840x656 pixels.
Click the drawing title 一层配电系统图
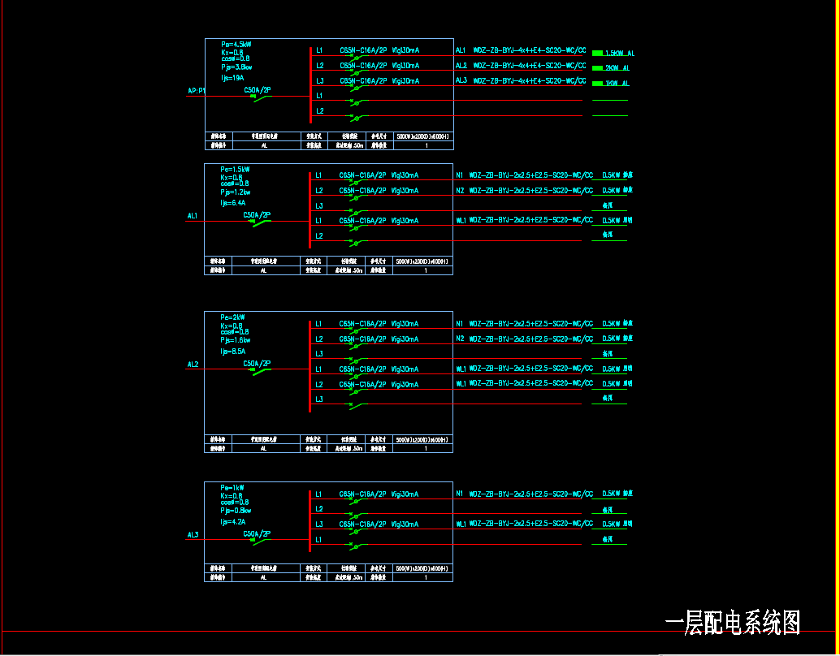[x=733, y=623]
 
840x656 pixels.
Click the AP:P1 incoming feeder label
[x=197, y=91]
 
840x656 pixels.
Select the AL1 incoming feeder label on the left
[x=193, y=216]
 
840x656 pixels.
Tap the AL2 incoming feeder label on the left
[x=193, y=365]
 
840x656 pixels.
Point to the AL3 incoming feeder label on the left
[x=193, y=535]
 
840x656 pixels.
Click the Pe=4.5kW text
[x=236, y=44]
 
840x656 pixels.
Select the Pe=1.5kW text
[x=236, y=170]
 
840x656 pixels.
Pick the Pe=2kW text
[x=233, y=317]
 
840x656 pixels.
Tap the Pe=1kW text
[x=232, y=488]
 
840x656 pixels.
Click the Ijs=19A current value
[x=232, y=78]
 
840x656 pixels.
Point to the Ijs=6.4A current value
[x=234, y=203]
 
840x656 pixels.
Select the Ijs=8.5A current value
[x=233, y=352]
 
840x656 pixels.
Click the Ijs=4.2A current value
[x=233, y=522]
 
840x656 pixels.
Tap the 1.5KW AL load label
[x=619, y=54]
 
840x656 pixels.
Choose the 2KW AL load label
[x=617, y=68]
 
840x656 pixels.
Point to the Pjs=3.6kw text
[x=236, y=67]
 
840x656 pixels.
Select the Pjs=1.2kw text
[x=236, y=192]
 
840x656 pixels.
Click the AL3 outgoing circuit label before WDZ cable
[x=461, y=80]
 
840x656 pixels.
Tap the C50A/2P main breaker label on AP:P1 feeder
[x=257, y=90]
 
